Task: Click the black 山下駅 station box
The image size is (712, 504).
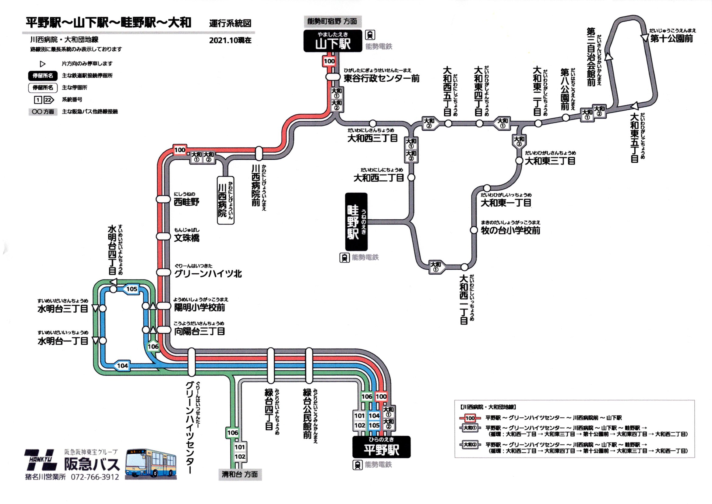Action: pos(333,41)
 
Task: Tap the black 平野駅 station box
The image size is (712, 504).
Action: pos(381,447)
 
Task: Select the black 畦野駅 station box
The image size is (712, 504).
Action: pos(356,222)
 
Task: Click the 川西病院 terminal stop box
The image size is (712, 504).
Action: pos(225,200)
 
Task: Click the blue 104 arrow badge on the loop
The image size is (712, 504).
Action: pos(122,366)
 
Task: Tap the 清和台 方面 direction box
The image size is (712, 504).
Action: pos(240,474)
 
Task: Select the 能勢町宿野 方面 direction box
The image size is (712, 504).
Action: pos(333,21)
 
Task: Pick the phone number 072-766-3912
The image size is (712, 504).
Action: pos(95,477)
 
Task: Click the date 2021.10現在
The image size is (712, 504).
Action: pos(230,40)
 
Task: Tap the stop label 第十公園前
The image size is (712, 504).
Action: pos(671,39)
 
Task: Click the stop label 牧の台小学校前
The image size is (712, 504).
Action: pos(510,230)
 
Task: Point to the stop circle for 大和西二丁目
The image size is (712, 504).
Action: pos(411,178)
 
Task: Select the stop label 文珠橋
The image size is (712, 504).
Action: pos(187,238)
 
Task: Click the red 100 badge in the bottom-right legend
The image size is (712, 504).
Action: pos(470,418)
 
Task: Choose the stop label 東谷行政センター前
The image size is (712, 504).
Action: pos(381,78)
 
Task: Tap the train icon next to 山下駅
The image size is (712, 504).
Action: pos(370,35)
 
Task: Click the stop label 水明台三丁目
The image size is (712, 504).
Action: pos(63,309)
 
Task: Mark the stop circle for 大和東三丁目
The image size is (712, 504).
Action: pos(519,161)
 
